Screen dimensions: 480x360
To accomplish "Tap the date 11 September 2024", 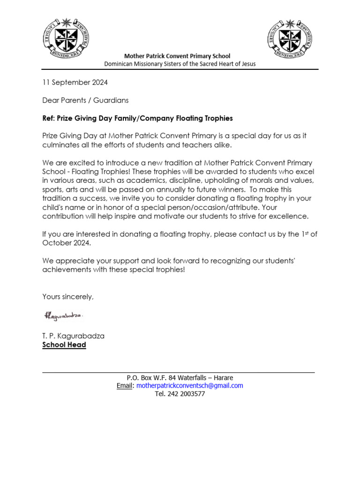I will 75,82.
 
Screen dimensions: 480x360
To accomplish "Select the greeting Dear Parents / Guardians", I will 85,100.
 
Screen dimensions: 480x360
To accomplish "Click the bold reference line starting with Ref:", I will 137,118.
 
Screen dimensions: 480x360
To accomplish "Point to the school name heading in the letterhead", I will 177,56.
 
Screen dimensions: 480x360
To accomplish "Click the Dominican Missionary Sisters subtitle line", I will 180,64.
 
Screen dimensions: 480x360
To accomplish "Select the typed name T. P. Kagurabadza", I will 74,336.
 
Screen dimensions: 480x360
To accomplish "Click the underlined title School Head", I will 64,345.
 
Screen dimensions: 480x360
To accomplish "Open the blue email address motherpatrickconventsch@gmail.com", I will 189,386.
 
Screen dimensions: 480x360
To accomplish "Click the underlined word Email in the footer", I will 125,386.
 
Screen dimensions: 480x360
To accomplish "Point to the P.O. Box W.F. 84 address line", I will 180,378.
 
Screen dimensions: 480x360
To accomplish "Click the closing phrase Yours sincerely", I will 68,297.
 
